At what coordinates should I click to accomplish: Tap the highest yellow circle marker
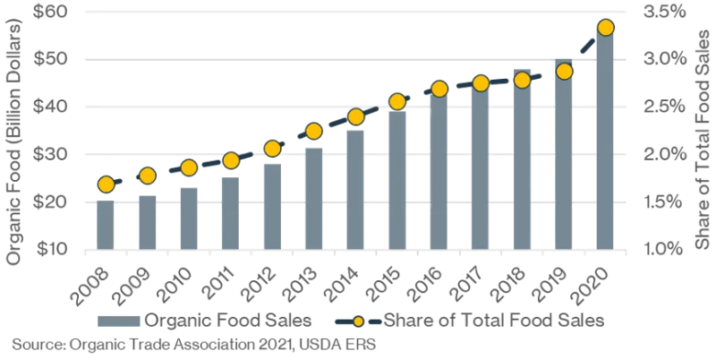click(x=605, y=28)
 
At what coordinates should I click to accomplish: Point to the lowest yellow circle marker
click(x=106, y=184)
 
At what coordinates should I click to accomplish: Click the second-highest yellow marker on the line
click(x=564, y=71)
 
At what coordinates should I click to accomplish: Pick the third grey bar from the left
click(x=189, y=217)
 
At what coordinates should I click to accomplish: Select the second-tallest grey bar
click(x=564, y=161)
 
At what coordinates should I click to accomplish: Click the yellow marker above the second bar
click(x=148, y=176)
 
